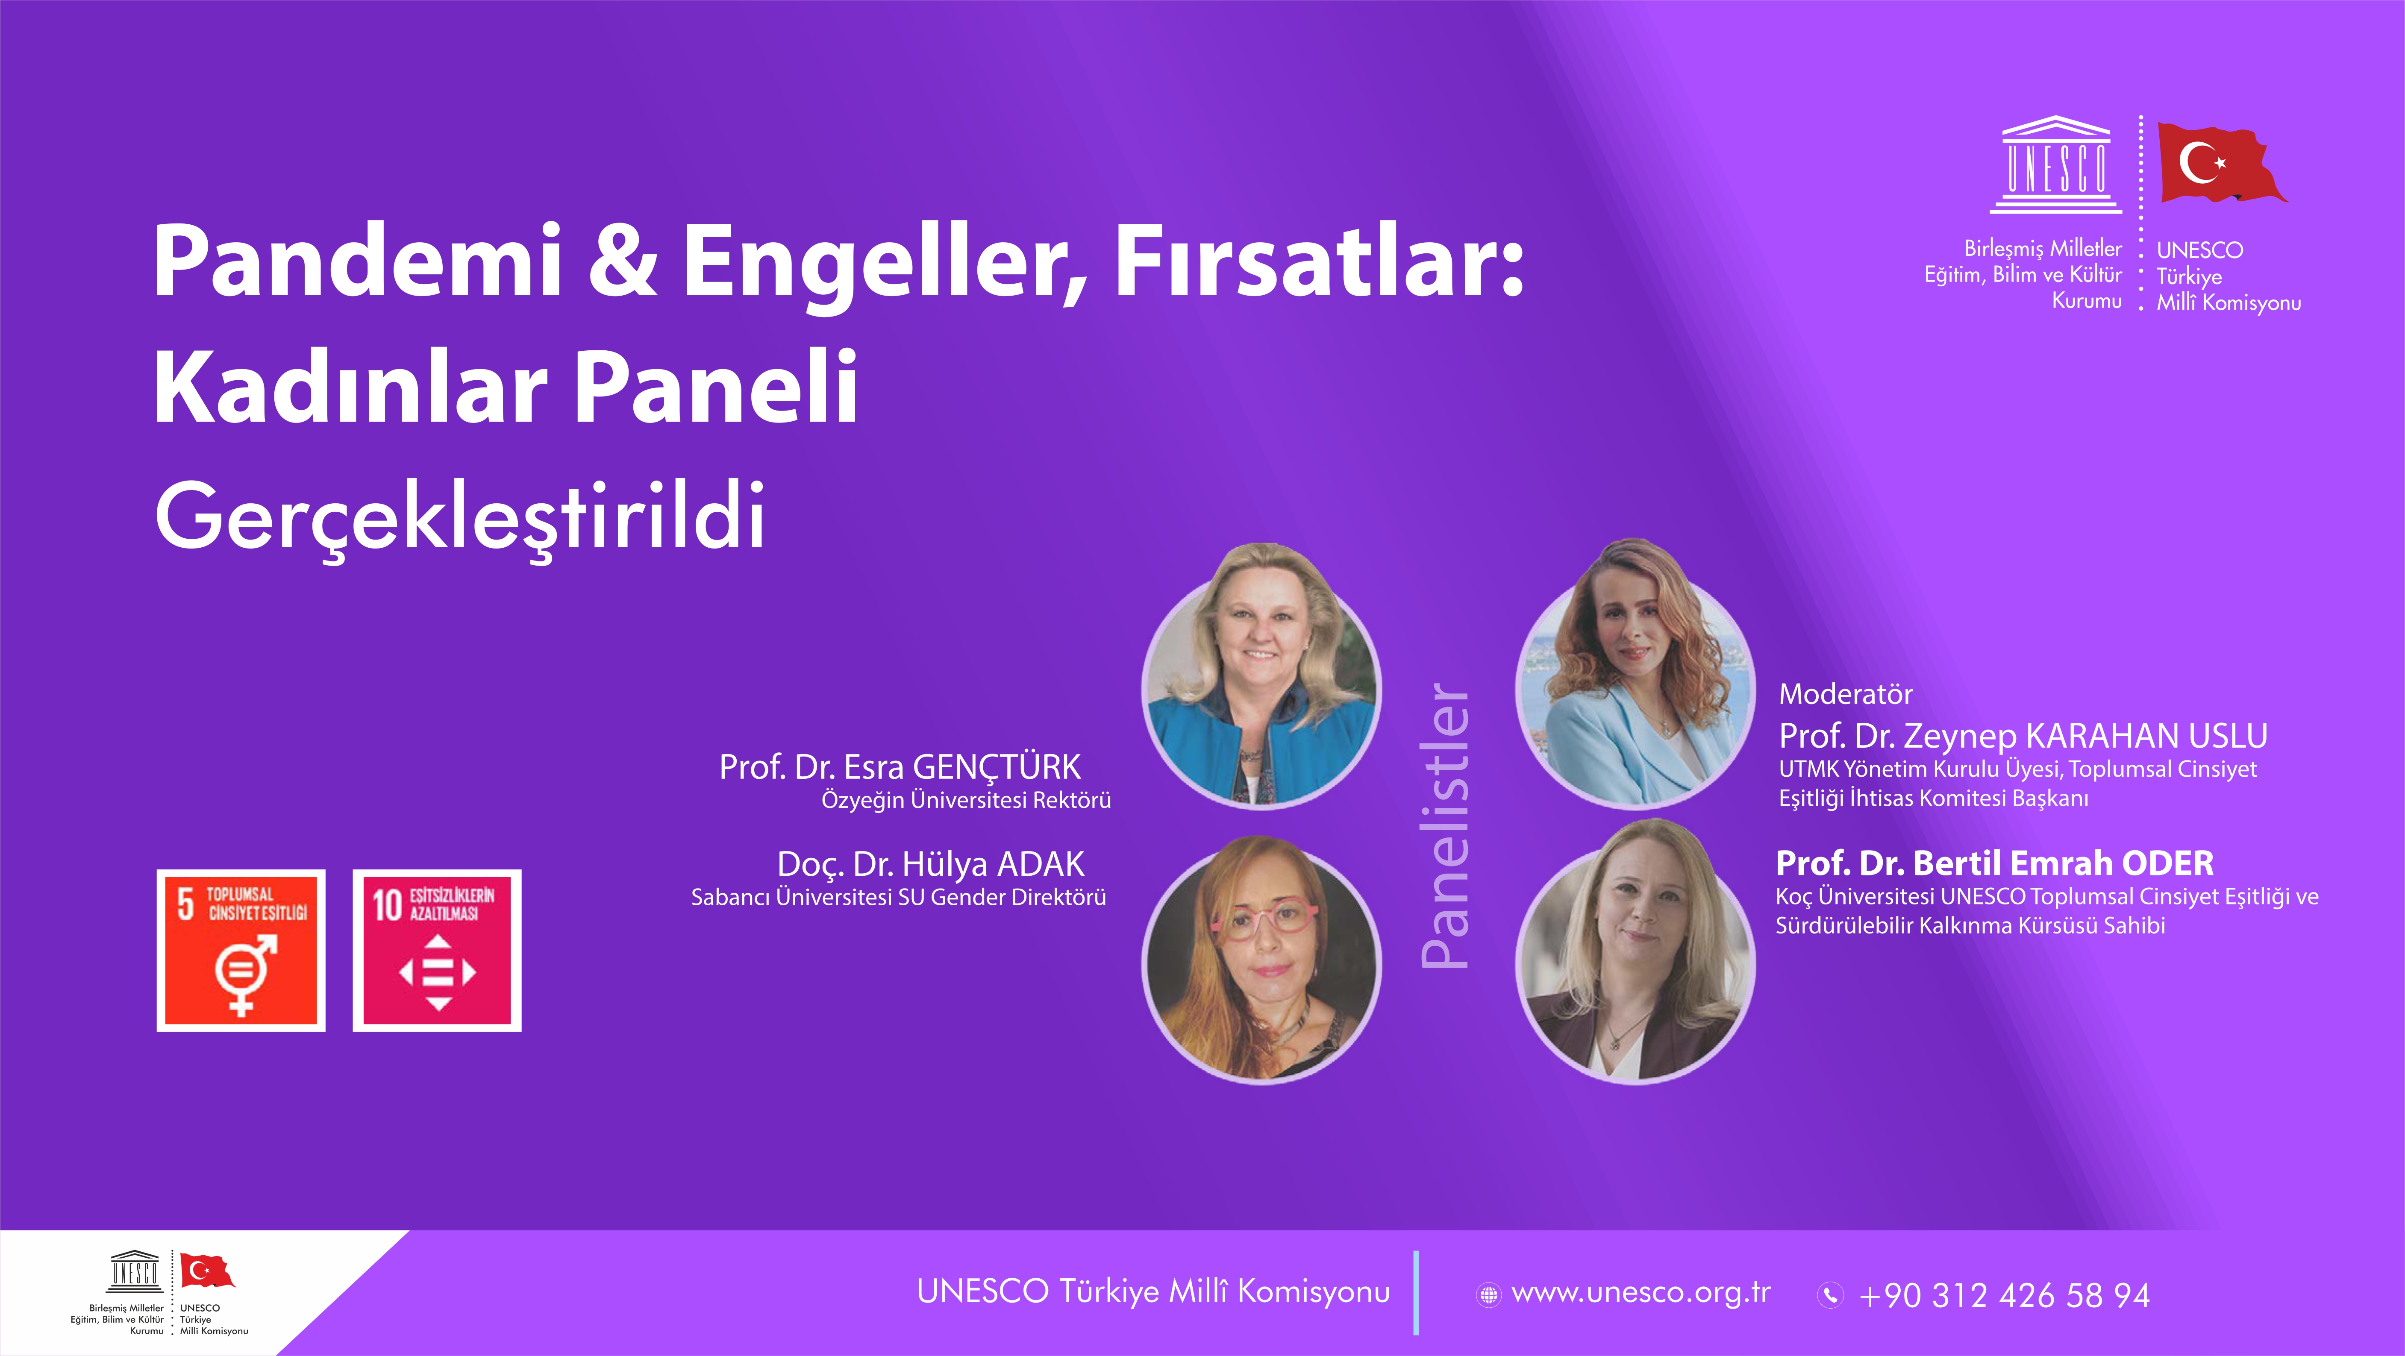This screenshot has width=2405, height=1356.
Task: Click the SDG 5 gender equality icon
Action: tap(241, 950)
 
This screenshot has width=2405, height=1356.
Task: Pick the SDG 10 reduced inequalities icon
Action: tap(437, 950)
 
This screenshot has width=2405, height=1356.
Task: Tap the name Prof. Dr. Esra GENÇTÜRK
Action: tap(900, 767)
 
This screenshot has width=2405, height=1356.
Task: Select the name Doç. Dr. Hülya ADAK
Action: tap(931, 864)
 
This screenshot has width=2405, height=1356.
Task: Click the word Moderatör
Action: tap(1846, 694)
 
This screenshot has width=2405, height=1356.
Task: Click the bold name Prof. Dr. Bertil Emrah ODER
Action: tap(1994, 863)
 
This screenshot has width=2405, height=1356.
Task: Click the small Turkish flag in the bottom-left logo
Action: tap(206, 1270)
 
